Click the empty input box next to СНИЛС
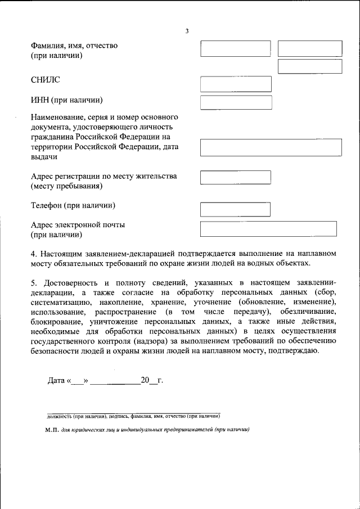(236, 84)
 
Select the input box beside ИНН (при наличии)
(236, 102)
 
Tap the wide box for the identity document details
(271, 147)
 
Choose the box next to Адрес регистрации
(236, 177)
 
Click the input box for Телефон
(236, 209)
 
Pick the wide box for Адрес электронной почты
(268, 228)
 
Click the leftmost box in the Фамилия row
(236, 48)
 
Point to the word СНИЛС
(45, 81)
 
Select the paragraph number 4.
(33, 254)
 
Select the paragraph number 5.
(33, 282)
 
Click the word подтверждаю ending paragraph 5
(296, 351)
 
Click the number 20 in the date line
(145, 381)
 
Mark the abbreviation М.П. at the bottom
(53, 429)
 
